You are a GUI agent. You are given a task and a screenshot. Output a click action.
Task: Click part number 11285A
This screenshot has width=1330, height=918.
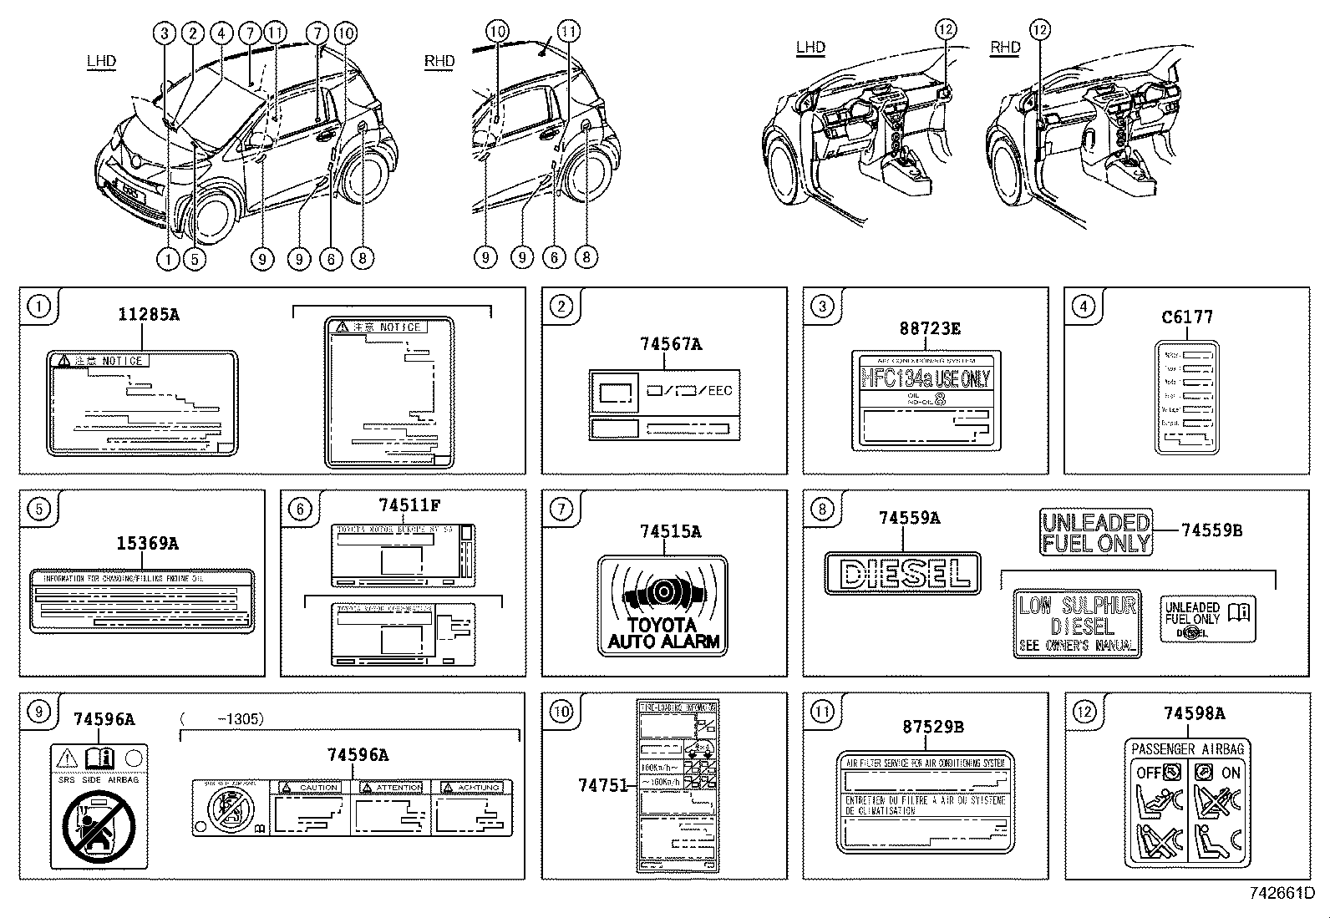pos(148,315)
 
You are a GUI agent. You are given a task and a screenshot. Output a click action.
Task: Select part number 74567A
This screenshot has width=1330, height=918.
pos(670,343)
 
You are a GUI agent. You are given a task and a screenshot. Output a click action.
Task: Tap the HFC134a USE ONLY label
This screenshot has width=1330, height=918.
pos(926,378)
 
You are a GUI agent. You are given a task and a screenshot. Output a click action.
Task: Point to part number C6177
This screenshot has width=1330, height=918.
pos(1187,317)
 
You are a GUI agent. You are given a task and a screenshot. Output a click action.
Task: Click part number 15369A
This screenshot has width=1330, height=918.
pos(147,544)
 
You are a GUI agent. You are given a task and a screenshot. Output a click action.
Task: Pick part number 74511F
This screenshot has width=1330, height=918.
pos(409,505)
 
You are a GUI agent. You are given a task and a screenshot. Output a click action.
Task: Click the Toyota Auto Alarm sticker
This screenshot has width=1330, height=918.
pos(663,606)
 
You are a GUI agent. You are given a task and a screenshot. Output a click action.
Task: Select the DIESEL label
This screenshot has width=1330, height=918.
pos(902,573)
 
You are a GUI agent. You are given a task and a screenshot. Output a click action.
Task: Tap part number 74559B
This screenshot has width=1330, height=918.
pos(1211,530)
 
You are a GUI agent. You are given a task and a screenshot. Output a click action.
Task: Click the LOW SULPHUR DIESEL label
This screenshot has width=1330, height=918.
pos(1077,624)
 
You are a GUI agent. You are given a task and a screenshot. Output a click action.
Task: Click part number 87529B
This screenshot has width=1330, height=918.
pos(932,727)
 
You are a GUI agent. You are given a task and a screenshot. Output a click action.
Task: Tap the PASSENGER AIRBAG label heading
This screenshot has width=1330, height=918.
pos(1187,748)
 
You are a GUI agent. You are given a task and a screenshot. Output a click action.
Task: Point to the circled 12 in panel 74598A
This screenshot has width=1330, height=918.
pos(1084,712)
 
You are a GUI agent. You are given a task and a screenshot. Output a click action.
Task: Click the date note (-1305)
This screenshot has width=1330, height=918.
pos(222,718)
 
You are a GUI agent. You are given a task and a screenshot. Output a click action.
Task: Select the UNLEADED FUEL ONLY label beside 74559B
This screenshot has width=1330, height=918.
pos(1096,532)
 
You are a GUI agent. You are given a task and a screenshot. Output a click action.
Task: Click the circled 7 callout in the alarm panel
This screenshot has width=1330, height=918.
pos(561,509)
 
